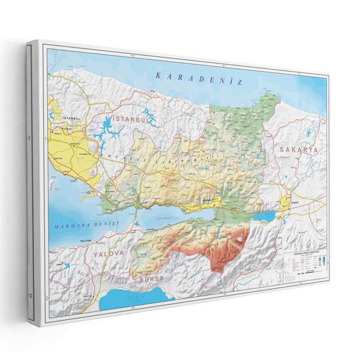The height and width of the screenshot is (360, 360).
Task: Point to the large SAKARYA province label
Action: coord(298,149)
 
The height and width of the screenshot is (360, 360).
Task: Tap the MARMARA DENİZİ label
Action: coord(85,225)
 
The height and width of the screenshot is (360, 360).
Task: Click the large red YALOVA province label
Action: coord(108,254)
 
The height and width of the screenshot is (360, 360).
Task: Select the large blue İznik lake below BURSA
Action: coord(130,299)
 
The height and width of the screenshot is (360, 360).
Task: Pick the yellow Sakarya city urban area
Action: coord(286,202)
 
